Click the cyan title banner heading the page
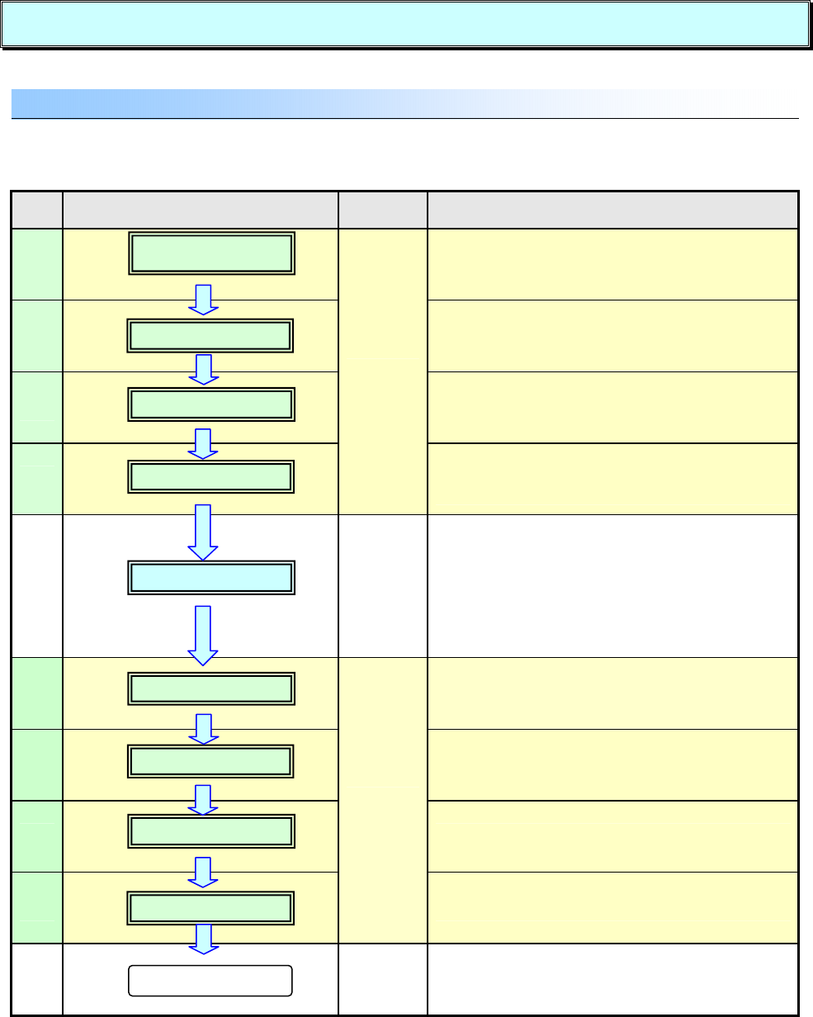(404, 24)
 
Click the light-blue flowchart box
(210, 579)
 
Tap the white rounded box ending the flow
(210, 982)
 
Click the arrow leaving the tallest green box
(202, 299)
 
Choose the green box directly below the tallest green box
(210, 336)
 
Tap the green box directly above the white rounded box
(210, 907)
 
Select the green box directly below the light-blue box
(210, 688)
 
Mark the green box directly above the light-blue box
(210, 477)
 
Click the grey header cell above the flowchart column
(200, 210)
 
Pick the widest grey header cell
(612, 210)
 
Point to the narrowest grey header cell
(37, 210)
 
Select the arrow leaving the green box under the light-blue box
(202, 727)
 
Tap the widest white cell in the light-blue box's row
(612, 586)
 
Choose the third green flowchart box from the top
(210, 405)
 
